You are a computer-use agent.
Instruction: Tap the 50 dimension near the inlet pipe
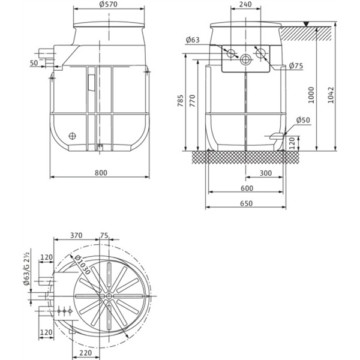pos(34,62)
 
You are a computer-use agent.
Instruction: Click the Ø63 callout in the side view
pos(193,40)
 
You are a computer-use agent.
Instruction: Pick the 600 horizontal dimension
pos(246,188)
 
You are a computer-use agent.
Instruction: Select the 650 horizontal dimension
pos(246,203)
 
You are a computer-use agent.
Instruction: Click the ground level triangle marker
pos(306,24)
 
